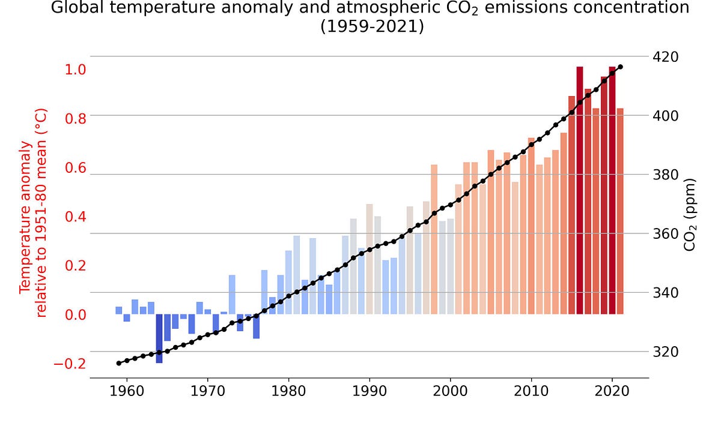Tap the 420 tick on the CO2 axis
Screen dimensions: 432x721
click(x=668, y=56)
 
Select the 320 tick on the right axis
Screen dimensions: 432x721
click(x=668, y=352)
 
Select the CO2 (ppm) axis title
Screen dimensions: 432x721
click(x=690, y=214)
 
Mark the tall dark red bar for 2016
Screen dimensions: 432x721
click(x=580, y=190)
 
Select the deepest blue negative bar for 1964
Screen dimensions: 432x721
click(x=159, y=338)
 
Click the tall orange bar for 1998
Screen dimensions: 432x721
click(x=434, y=239)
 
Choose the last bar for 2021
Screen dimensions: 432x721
click(x=620, y=211)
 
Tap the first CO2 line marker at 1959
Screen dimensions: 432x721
click(x=119, y=363)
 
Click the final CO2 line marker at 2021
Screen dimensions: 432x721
click(x=620, y=67)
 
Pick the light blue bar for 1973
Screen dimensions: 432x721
click(x=232, y=294)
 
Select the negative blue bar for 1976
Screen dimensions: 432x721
click(x=256, y=326)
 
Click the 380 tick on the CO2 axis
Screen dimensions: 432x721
click(x=668, y=175)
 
